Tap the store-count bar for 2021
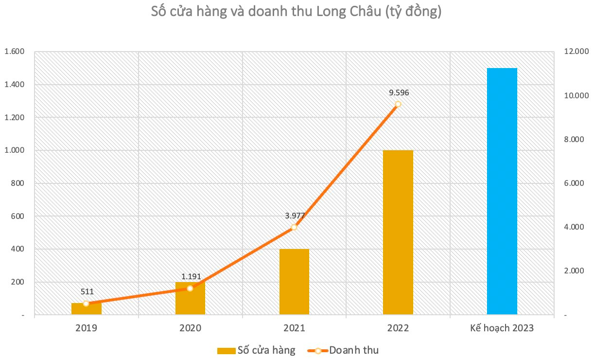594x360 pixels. (294, 282)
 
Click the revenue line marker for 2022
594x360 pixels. (398, 104)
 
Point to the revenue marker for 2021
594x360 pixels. (294, 227)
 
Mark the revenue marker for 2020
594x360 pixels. (190, 288)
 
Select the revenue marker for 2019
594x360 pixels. (86, 304)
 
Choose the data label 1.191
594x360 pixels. (191, 277)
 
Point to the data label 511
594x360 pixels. (87, 292)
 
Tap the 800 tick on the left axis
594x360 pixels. (18, 183)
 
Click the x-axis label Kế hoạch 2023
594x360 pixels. (502, 328)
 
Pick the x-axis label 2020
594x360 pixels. (190, 328)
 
